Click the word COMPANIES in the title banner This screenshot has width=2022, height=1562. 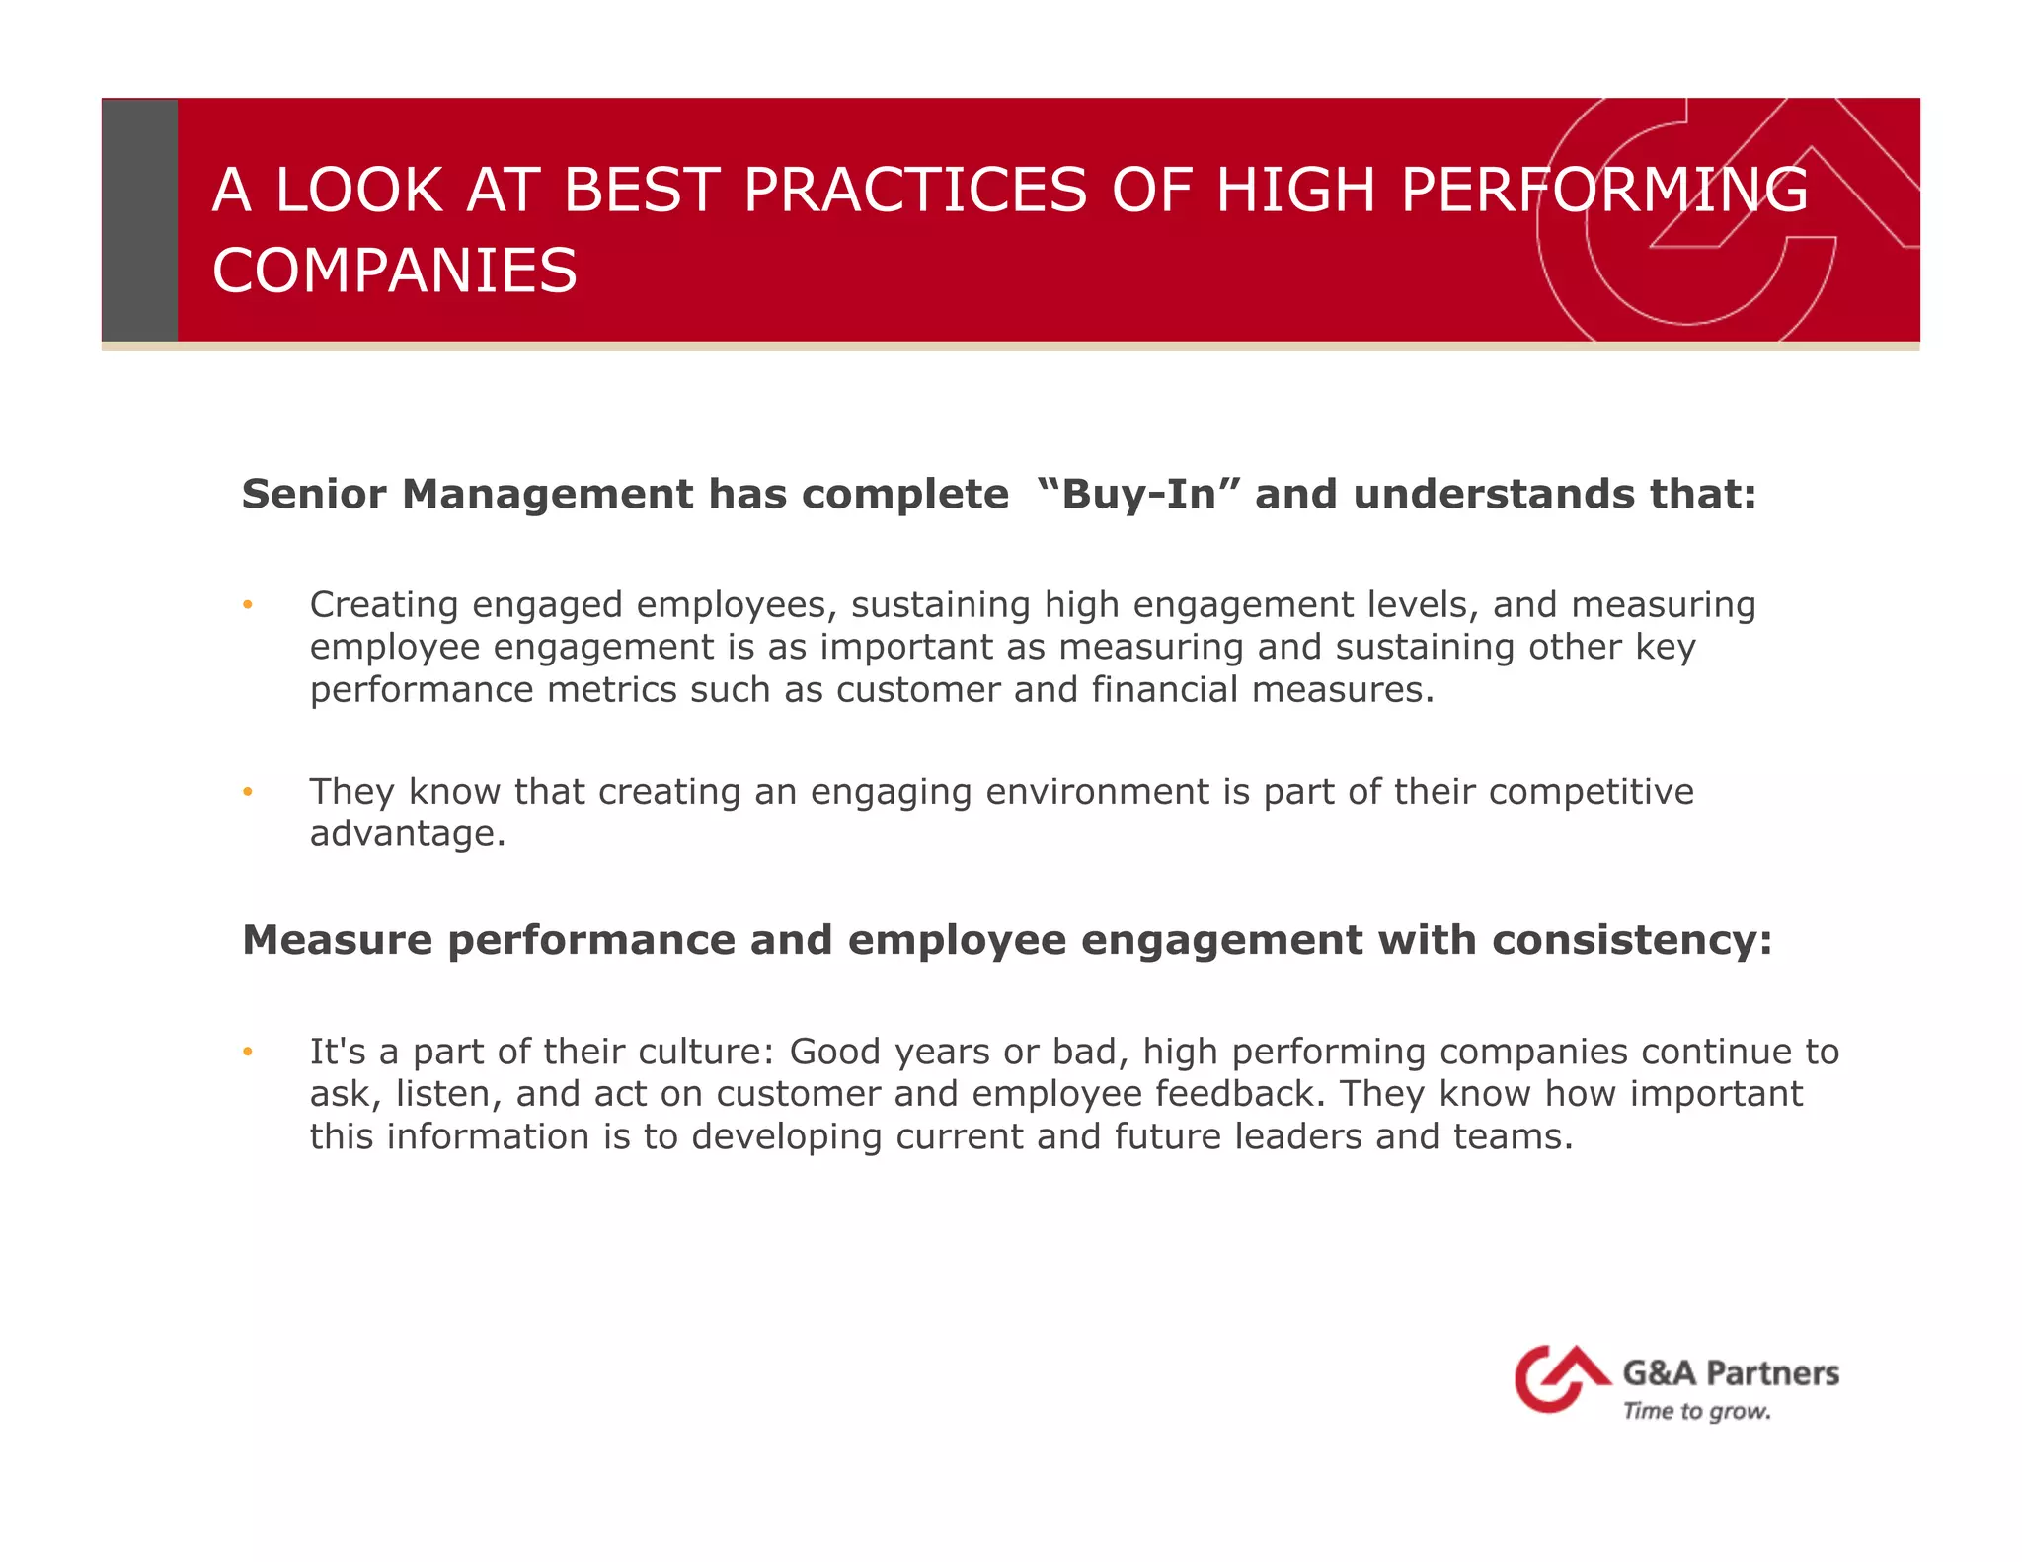[394, 272]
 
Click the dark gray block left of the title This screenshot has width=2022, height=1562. [139, 220]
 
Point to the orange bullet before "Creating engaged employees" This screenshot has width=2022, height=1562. [249, 605]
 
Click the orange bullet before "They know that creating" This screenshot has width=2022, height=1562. [249, 792]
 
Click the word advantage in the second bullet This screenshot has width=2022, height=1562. [407, 834]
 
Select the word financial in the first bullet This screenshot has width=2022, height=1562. [1164, 689]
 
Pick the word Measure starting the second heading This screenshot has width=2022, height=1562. [337, 940]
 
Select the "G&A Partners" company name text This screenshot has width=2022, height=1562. [1731, 1373]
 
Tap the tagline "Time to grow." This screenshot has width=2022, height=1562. [1696, 1411]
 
